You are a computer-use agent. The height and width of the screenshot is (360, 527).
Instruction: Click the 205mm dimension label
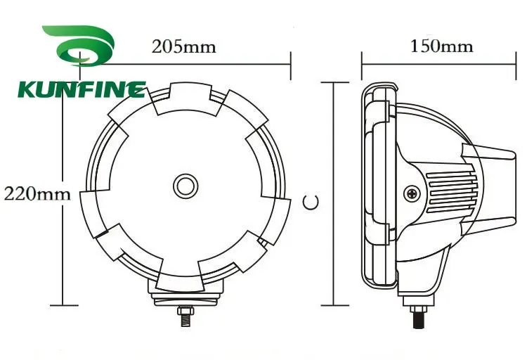coord(183,47)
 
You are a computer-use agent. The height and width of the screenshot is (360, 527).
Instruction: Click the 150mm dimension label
coord(441,46)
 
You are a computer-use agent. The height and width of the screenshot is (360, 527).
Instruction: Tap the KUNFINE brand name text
coord(81,90)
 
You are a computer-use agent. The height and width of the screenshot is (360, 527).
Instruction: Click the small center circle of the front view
coord(186,186)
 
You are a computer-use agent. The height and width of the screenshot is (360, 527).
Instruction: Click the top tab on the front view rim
coord(185,98)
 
